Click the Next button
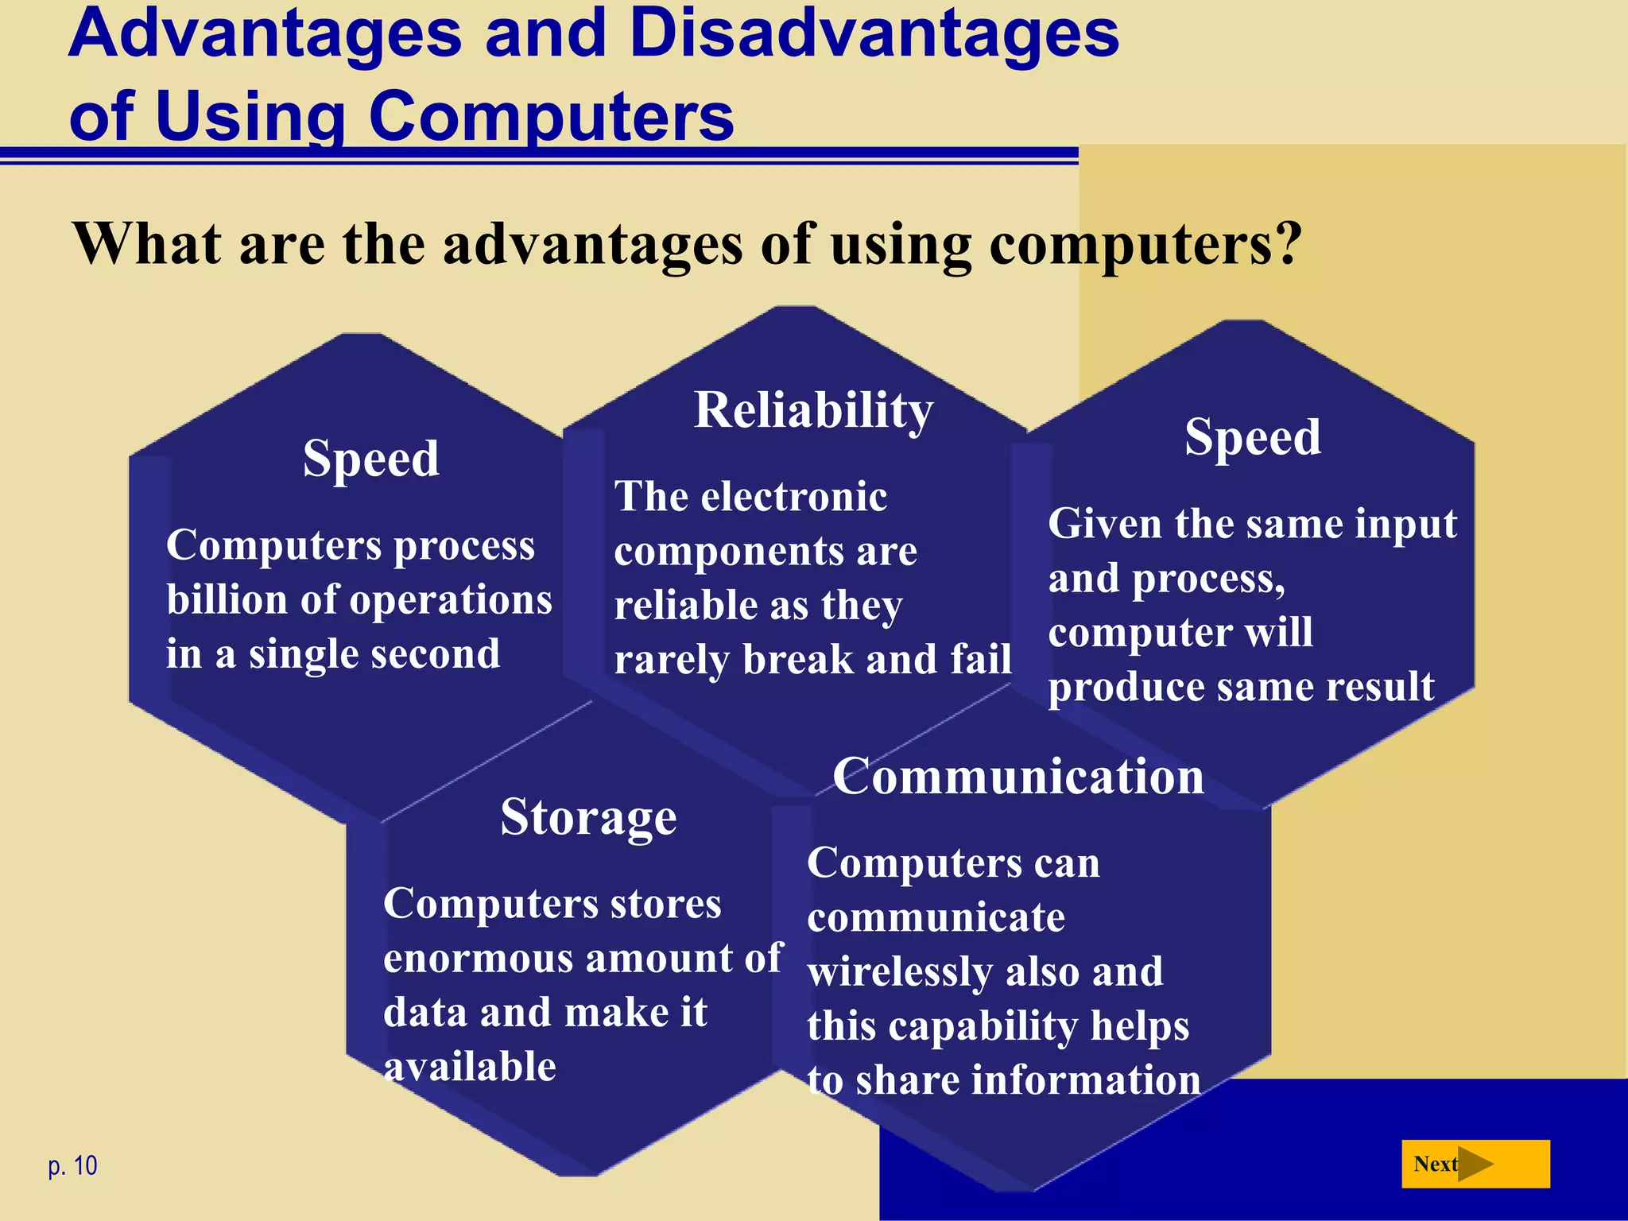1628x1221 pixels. [1475, 1164]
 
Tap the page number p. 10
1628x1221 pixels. [72, 1165]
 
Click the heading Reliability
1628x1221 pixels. [813, 411]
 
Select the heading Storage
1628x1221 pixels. [588, 817]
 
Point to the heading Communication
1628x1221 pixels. [1017, 777]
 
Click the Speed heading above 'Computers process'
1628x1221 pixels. [370, 459]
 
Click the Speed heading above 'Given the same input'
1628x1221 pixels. [1252, 437]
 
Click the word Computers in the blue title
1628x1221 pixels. [551, 116]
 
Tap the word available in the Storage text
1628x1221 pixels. [470, 1067]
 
